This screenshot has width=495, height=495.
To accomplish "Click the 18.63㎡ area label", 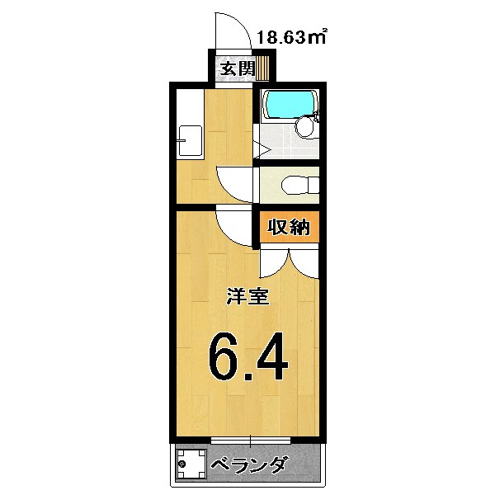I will (292, 36).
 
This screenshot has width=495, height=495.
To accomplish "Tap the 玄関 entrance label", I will (236, 68).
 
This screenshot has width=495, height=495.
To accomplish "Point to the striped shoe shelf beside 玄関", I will (262, 67).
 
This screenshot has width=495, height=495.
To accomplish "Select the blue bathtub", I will (290, 103).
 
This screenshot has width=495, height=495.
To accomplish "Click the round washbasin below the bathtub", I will (304, 126).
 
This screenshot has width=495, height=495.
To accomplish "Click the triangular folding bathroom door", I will (258, 149).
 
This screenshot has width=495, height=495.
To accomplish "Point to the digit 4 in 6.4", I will (269, 356).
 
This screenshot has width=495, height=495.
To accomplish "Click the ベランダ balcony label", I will (247, 466).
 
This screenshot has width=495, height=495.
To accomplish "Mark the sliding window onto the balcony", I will (248, 438).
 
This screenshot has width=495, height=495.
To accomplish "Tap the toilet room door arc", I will (236, 181).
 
